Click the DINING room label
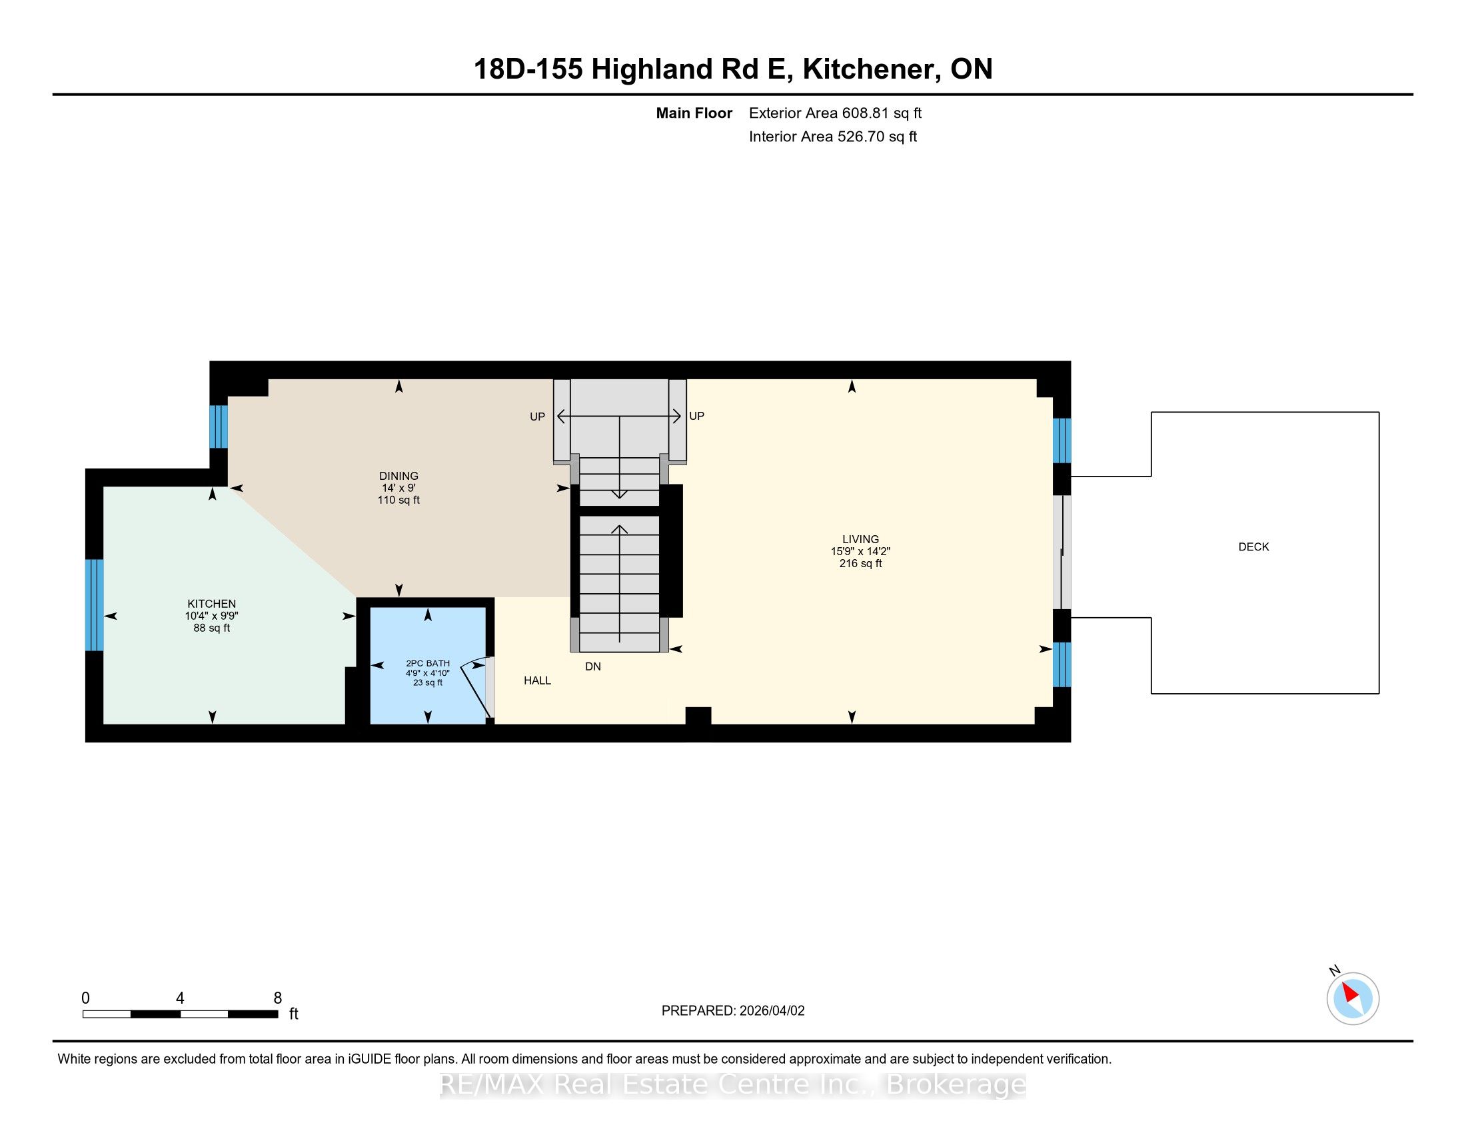pyautogui.click(x=398, y=476)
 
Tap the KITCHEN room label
pyautogui.click(x=211, y=604)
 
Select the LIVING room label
pyautogui.click(x=860, y=540)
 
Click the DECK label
pyautogui.click(x=1254, y=547)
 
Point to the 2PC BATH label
pyautogui.click(x=428, y=663)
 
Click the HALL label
pyautogui.click(x=537, y=680)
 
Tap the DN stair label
pyautogui.click(x=592, y=666)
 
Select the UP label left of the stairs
pyautogui.click(x=537, y=417)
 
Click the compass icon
pyautogui.click(x=1353, y=1000)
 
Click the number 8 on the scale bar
pyautogui.click(x=278, y=998)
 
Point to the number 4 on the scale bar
pyautogui.click(x=180, y=998)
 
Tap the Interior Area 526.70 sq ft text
pyautogui.click(x=833, y=137)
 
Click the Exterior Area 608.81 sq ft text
pyautogui.click(x=836, y=113)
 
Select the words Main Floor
pyautogui.click(x=694, y=113)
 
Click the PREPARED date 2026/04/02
pyautogui.click(x=771, y=1011)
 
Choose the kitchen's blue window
pyautogui.click(x=95, y=605)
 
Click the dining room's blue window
pyautogui.click(x=219, y=427)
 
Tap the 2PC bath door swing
pyautogui.click(x=478, y=690)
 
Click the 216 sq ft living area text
pyautogui.click(x=860, y=564)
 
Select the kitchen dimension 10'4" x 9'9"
pyautogui.click(x=211, y=616)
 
